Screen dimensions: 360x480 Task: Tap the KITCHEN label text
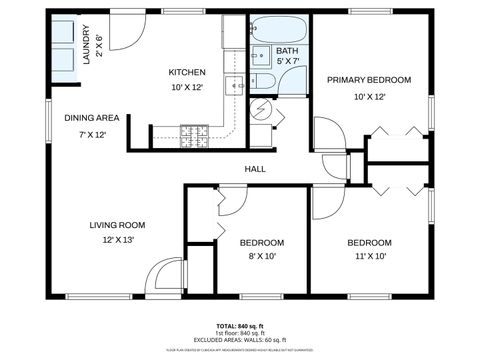tap(187, 72)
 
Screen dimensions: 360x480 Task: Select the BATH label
tap(287, 50)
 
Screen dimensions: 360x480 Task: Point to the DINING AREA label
tap(92, 118)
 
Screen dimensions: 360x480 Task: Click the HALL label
tap(255, 169)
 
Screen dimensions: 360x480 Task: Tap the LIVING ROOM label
tap(117, 225)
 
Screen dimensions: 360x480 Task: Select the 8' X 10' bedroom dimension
tap(262, 256)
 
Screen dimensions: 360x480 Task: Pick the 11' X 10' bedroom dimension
tap(369, 256)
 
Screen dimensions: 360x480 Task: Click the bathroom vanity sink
tap(257, 54)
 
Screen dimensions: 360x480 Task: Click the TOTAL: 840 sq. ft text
tap(239, 326)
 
